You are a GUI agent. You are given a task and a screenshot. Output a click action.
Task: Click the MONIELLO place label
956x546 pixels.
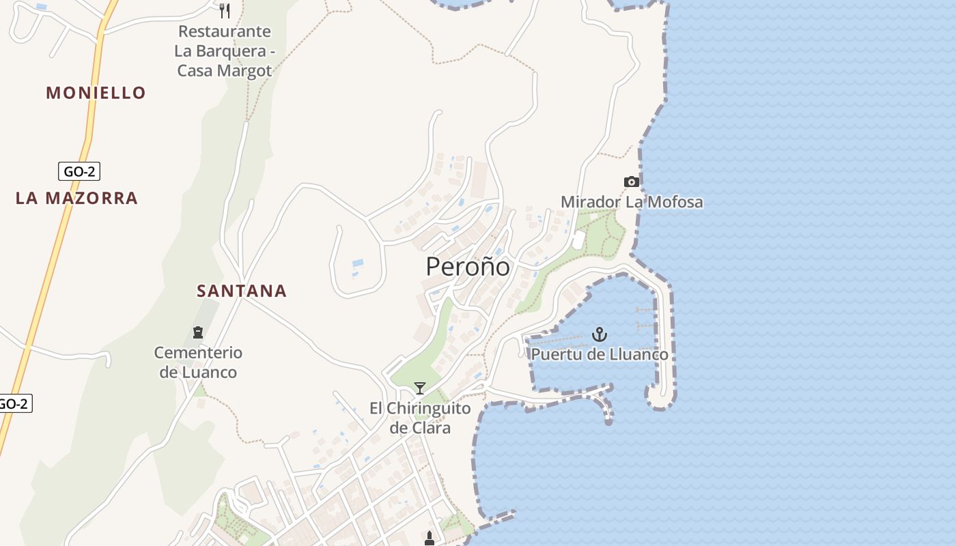(96, 93)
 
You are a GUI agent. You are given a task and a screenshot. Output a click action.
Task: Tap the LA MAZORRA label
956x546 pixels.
(76, 199)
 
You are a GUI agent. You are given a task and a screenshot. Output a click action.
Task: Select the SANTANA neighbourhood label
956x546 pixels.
(242, 291)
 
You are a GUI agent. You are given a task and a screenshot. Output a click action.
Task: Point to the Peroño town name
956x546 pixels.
(468, 266)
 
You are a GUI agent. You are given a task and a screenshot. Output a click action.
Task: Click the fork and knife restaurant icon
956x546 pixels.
(225, 10)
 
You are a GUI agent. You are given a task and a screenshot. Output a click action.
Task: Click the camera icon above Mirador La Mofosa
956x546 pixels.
(632, 182)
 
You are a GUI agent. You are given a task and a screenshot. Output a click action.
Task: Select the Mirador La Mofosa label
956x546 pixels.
(632, 202)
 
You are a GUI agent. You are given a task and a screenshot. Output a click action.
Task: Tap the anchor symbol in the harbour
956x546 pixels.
(599, 334)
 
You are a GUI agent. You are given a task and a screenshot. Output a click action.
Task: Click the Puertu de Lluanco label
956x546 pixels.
(600, 354)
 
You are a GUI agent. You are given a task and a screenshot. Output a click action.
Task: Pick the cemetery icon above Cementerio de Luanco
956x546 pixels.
(198, 332)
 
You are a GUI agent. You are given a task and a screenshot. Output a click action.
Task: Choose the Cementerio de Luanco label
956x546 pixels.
(198, 362)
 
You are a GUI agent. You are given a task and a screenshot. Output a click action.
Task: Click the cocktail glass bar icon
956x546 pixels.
(420, 388)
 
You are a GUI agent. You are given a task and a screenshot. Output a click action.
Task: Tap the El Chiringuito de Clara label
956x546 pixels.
(420, 418)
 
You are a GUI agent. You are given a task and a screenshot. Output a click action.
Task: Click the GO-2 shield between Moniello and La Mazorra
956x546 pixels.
(79, 171)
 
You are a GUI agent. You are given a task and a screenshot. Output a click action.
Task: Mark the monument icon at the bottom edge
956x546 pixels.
(430, 538)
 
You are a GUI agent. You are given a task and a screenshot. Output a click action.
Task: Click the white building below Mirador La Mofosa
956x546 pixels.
(578, 240)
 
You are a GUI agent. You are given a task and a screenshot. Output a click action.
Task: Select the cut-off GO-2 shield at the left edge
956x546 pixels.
(14, 403)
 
